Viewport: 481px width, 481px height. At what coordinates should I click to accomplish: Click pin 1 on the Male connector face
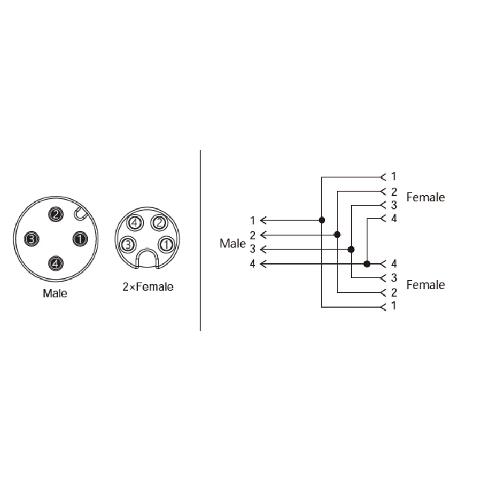[x=80, y=238]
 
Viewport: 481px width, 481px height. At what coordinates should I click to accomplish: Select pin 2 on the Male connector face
[x=56, y=214]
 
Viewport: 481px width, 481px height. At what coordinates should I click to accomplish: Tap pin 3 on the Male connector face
[x=31, y=239]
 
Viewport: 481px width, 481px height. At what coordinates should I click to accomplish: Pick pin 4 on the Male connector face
[x=56, y=263]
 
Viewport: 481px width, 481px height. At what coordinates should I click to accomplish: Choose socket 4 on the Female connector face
[x=135, y=222]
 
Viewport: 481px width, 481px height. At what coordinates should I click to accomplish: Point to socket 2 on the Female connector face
[x=159, y=222]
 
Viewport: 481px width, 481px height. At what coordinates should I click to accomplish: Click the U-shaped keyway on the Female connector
[x=147, y=259]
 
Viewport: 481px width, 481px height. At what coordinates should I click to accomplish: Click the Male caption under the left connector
[x=55, y=293]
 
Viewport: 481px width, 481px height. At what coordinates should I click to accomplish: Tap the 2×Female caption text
[x=148, y=287]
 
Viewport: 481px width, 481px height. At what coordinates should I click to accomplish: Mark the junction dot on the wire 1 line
[x=322, y=220]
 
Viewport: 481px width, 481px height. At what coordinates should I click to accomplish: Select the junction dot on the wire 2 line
[x=337, y=235]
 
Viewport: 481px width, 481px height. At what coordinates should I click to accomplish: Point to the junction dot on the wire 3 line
[x=351, y=249]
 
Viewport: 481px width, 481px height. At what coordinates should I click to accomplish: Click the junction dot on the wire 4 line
[x=367, y=263]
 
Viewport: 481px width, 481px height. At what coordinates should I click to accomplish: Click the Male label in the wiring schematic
[x=232, y=244]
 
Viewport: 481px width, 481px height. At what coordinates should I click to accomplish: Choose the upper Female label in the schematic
[x=425, y=198]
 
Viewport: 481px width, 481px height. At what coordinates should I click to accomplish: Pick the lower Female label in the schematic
[x=425, y=285]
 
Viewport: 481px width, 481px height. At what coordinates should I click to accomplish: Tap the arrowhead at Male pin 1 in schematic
[x=263, y=220]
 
